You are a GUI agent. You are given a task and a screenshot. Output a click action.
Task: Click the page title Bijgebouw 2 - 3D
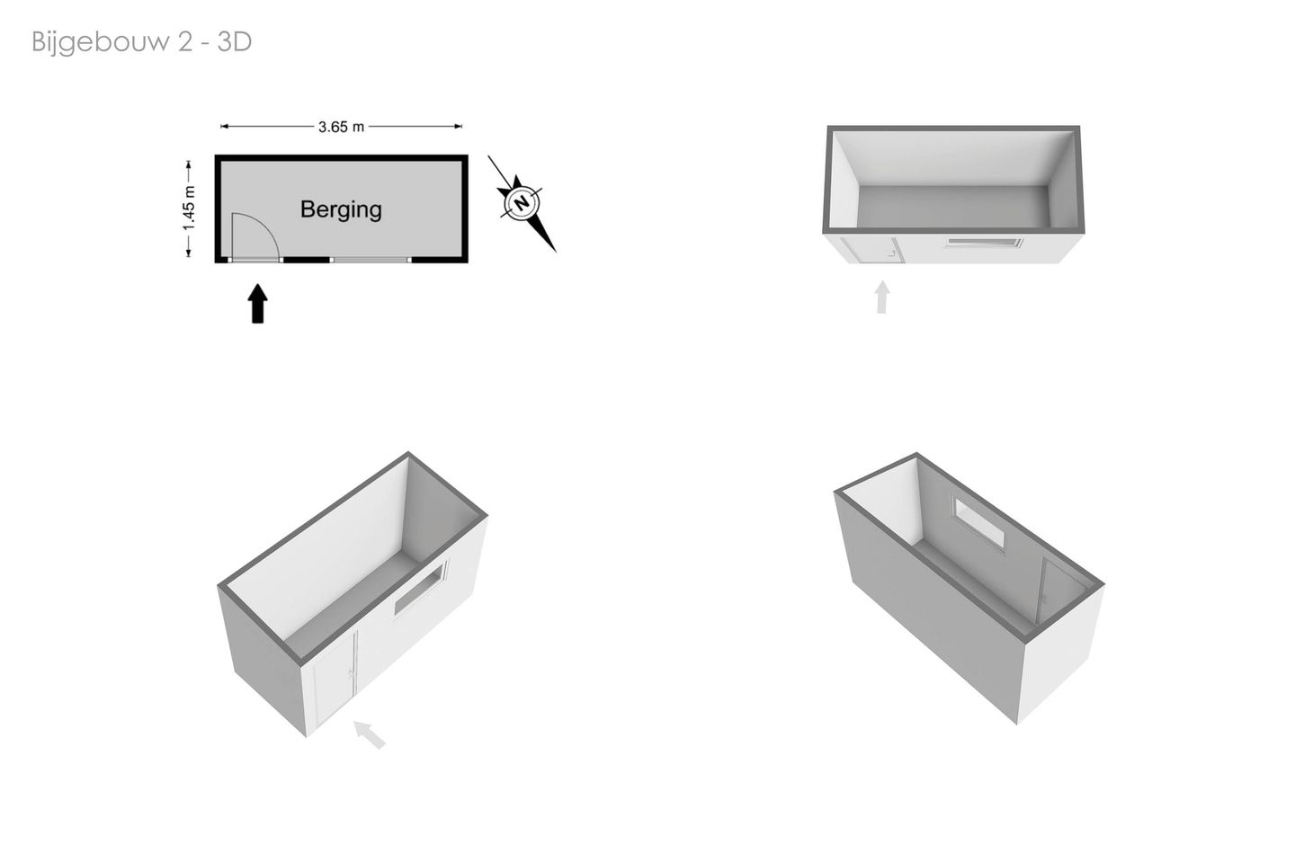click(142, 42)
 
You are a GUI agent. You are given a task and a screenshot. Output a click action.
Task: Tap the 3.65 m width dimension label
click(341, 127)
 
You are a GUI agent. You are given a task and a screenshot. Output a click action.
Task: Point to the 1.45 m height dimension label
click(189, 208)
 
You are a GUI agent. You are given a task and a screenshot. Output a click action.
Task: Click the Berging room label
click(341, 209)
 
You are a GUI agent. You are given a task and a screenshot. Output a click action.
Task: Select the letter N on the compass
click(522, 203)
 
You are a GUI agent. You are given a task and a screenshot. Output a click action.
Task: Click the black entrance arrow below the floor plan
click(258, 303)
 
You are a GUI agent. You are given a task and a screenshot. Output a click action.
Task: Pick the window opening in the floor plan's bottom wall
click(371, 260)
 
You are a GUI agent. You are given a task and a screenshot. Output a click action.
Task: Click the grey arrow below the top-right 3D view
click(881, 297)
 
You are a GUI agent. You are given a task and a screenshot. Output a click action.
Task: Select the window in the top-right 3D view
click(984, 243)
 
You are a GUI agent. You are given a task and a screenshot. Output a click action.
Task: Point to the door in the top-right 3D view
click(873, 250)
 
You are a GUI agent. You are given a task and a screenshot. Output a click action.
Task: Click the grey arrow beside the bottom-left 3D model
click(369, 734)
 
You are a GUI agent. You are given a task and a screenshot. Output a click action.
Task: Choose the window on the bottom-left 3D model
click(420, 590)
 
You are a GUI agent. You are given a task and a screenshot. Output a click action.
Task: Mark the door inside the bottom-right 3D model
click(1061, 591)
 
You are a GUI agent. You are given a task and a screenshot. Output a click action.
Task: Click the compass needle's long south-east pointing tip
click(556, 252)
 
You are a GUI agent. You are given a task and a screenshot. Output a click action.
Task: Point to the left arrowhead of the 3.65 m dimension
click(224, 126)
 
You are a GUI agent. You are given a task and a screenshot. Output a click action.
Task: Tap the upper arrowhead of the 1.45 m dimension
click(189, 164)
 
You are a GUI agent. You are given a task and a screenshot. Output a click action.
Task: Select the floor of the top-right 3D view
click(953, 206)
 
